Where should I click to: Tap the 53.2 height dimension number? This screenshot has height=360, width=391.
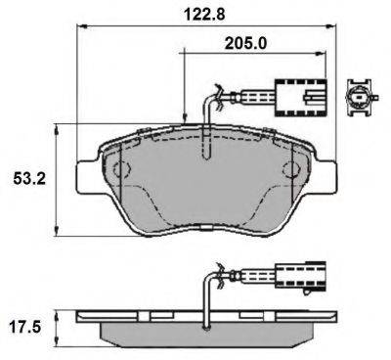point(26,180)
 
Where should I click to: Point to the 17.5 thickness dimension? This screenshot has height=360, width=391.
point(26,322)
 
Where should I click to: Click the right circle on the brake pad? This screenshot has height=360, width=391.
point(290,170)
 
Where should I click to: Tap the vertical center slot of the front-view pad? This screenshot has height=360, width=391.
point(205,147)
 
